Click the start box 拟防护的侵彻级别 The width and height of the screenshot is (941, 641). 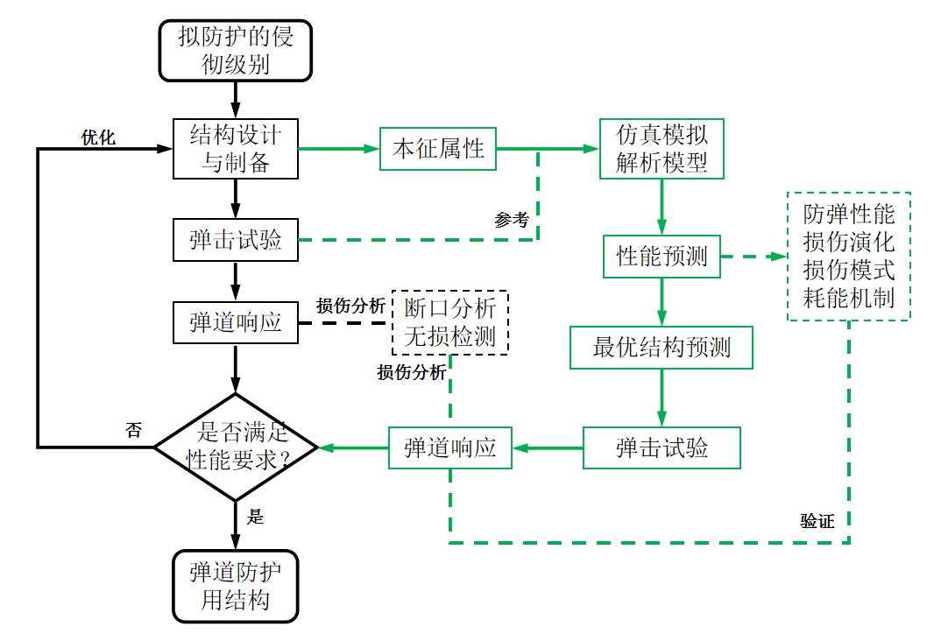coord(235,50)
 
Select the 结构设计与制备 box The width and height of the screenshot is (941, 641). coord(235,149)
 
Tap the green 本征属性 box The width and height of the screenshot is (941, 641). coord(437,149)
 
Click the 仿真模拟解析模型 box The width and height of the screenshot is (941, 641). coord(662,149)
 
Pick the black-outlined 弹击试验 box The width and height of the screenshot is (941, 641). coord(235,240)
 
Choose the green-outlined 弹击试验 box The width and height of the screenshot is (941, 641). coord(662,447)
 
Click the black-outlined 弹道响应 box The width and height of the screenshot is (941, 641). coord(235,322)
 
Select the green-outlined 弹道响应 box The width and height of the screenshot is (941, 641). coord(449,447)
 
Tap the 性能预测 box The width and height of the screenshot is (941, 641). coord(662,257)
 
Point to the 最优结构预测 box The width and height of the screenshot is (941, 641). coord(662,348)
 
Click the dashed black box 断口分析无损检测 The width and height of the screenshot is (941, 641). coord(449,321)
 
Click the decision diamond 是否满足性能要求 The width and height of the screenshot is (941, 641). coord(235,447)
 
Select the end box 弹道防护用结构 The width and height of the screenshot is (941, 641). coord(235,586)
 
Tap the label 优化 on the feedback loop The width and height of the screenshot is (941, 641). coord(98,137)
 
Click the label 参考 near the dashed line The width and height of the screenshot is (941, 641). coord(512,220)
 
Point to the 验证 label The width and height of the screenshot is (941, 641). coord(817,521)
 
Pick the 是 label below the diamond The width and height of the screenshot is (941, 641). coord(255,517)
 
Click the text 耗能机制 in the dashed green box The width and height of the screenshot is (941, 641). coord(848,298)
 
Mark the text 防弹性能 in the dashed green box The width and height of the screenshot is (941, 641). coord(848,215)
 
